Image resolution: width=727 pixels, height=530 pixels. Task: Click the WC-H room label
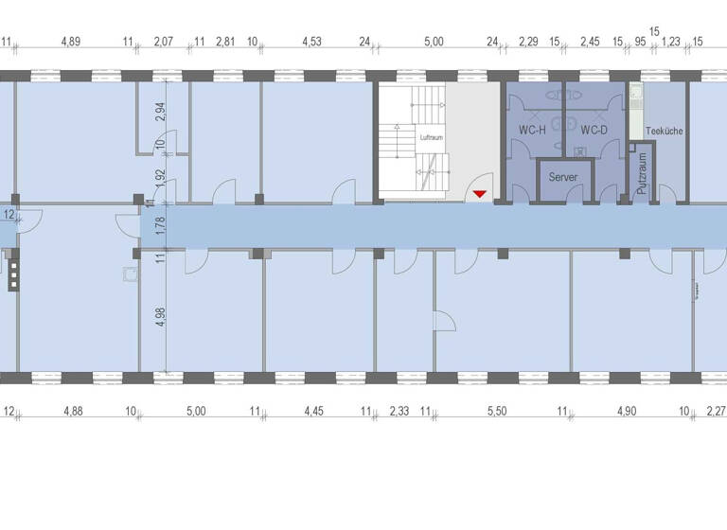click(532, 131)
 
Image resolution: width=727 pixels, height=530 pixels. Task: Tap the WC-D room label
click(594, 131)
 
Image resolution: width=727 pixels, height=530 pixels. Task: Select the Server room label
click(562, 177)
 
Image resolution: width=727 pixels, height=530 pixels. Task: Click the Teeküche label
click(664, 131)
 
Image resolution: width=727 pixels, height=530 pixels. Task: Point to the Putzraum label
click(641, 174)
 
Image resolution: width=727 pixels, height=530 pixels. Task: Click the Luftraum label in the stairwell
click(432, 138)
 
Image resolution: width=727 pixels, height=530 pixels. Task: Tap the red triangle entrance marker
click(481, 194)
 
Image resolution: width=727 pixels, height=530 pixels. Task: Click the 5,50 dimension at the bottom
click(497, 411)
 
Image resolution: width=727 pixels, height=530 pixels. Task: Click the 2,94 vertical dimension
click(160, 112)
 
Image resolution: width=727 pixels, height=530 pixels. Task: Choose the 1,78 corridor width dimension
click(160, 225)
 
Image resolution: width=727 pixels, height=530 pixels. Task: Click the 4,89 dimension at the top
click(71, 42)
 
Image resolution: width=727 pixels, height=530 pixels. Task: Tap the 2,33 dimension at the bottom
click(399, 411)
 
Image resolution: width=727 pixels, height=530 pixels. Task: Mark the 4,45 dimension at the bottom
click(314, 411)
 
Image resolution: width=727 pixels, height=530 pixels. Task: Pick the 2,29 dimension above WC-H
click(529, 42)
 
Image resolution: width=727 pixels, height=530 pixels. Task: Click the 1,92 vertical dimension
click(160, 177)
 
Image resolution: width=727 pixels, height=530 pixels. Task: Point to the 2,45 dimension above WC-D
click(591, 42)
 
